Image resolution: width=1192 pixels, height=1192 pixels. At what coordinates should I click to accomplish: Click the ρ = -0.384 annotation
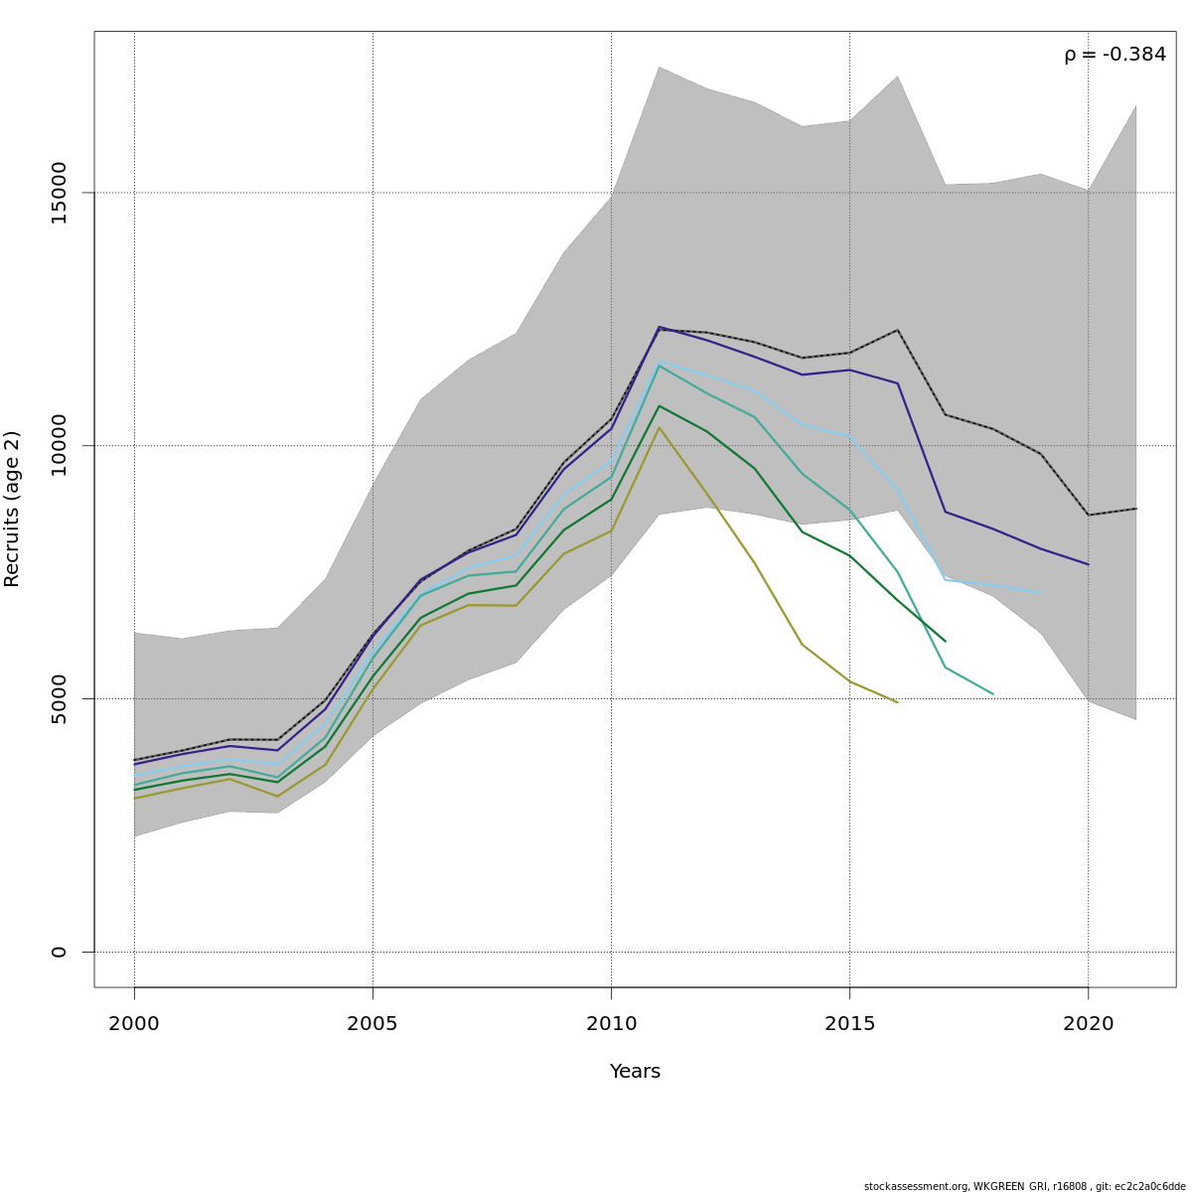1115,55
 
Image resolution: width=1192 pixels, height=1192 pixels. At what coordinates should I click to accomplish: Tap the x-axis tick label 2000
134,1023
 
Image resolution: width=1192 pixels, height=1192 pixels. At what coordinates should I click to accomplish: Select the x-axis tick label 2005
372,1023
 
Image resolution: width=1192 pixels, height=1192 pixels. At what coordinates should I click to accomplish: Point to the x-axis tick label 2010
611,1023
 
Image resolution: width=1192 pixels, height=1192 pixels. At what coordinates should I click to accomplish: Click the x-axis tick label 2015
849,1023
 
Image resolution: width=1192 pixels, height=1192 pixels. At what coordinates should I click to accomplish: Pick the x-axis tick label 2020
1089,1023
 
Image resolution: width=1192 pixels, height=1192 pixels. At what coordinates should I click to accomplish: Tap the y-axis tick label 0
59,952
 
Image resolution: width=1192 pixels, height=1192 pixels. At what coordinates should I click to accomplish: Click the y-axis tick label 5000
59,698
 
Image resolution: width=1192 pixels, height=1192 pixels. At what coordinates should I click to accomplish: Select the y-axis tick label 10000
59,445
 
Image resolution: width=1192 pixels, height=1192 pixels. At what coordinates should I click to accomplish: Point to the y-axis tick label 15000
59,193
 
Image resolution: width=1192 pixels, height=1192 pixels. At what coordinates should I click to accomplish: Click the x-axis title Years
635,1072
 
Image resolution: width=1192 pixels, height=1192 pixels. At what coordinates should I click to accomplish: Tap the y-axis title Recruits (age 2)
13,509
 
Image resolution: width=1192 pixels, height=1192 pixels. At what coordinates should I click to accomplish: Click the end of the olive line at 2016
897,702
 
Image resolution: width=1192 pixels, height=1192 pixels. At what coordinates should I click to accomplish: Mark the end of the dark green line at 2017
945,641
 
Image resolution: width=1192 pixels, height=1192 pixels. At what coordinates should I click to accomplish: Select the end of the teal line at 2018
992,694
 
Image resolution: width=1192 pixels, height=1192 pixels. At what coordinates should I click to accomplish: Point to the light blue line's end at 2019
1040,594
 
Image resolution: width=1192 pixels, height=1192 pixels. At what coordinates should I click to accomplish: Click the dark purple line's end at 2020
1088,564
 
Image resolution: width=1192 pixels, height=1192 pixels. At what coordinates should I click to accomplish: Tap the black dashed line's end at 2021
1135,509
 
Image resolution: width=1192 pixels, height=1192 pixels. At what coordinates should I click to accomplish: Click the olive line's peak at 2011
659,427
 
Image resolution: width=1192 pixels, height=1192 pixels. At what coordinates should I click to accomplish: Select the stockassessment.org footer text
1024,1186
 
